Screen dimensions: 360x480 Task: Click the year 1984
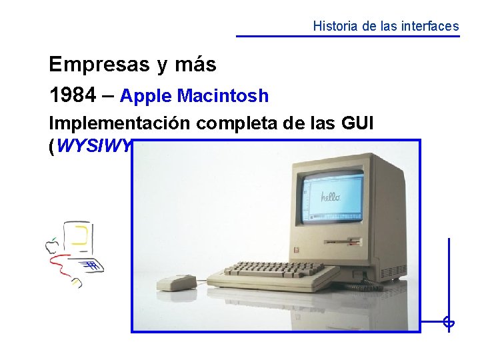coord(71,95)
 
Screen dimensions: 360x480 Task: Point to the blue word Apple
coord(146,96)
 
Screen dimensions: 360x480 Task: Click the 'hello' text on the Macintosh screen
coord(331,197)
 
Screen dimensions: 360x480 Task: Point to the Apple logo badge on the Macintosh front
coord(297,251)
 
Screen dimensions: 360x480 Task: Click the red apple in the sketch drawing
coord(51,246)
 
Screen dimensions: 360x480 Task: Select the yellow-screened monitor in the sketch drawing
coord(80,237)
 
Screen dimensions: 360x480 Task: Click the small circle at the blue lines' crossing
coord(449,323)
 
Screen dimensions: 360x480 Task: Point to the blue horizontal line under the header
coord(347,36)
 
